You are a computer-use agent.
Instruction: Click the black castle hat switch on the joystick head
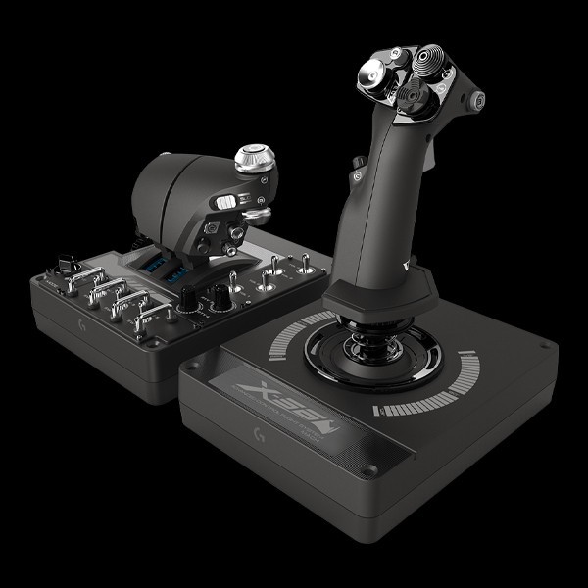pyautogui.click(x=404, y=95)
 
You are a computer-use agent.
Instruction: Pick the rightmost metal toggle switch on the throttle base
pyautogui.click(x=307, y=262)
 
